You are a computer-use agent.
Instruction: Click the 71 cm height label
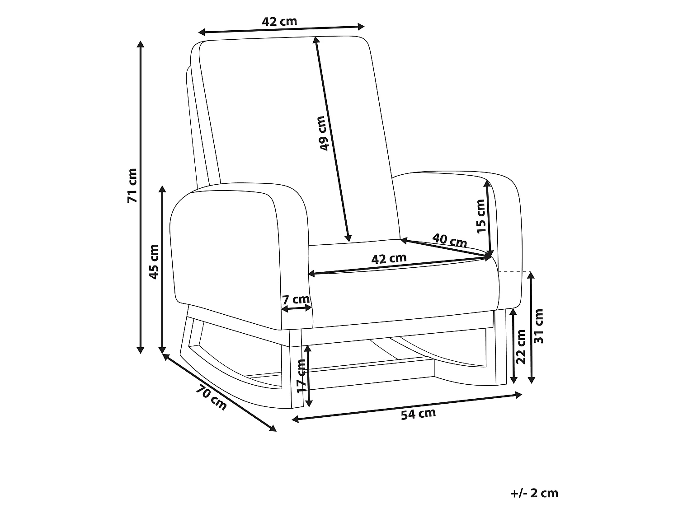[x=132, y=186]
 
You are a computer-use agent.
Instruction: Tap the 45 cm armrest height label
[x=154, y=262]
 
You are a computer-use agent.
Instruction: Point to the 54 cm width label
[x=418, y=414]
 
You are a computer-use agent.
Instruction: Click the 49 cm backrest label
[x=323, y=133]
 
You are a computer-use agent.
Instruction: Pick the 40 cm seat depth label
[x=449, y=241]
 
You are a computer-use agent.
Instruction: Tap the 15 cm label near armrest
[x=481, y=216]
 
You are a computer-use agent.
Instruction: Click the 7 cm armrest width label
[x=296, y=299]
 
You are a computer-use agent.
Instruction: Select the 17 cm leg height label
[x=301, y=376]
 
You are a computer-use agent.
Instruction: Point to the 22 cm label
[x=520, y=347]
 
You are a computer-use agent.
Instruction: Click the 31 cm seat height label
[x=538, y=326]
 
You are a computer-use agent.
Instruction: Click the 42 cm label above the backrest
[x=279, y=21]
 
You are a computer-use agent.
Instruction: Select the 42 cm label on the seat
[x=389, y=259]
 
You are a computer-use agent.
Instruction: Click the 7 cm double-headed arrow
[x=297, y=308]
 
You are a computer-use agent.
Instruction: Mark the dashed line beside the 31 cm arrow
[x=514, y=272]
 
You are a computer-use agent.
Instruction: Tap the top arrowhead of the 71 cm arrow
[x=141, y=44]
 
